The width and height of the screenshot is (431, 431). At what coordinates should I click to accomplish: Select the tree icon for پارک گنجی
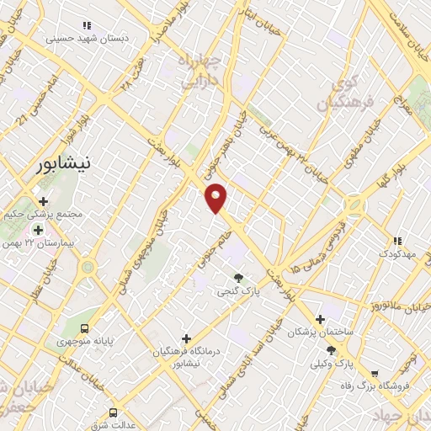click(239, 279)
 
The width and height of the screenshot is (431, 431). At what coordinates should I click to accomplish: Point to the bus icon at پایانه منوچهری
click(84, 327)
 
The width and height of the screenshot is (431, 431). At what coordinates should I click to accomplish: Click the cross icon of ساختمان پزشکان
click(320, 319)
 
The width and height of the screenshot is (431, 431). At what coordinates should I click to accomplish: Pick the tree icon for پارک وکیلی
click(330, 350)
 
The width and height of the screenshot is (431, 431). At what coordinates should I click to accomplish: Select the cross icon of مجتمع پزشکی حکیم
click(43, 201)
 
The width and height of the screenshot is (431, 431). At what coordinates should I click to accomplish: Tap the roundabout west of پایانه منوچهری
click(87, 269)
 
